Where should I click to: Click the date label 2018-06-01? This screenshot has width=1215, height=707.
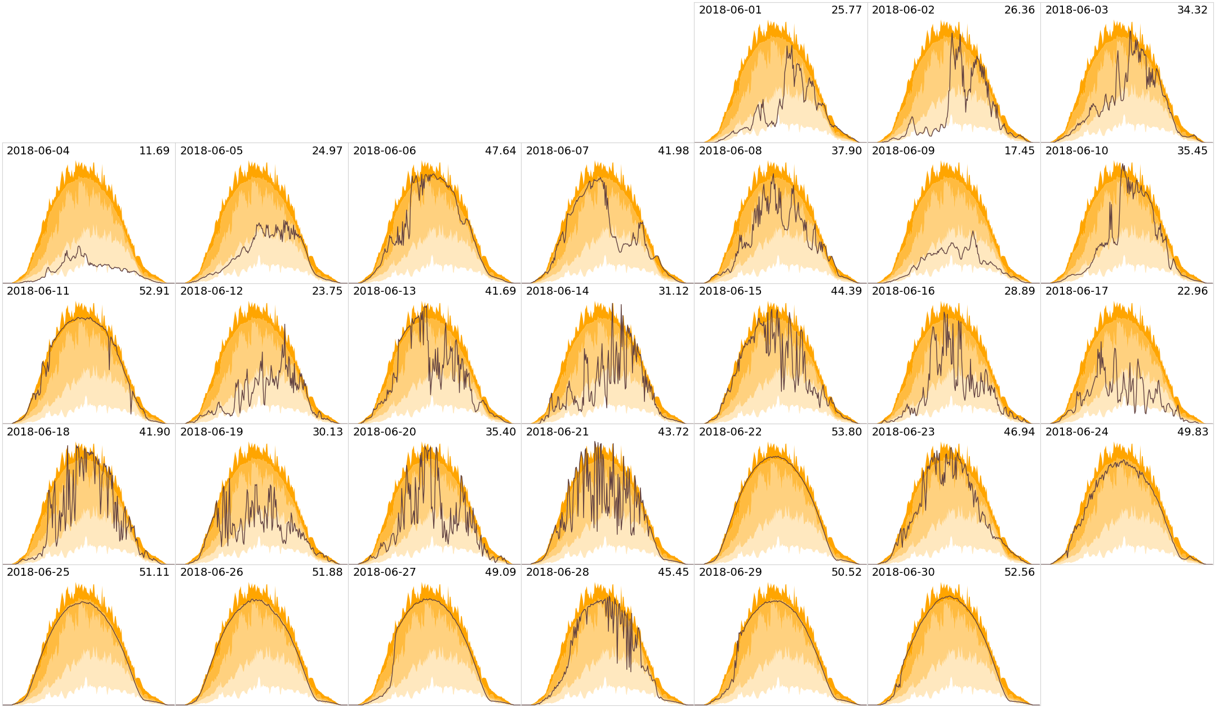pos(730,10)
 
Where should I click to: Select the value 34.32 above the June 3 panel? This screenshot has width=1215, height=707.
pos(1192,10)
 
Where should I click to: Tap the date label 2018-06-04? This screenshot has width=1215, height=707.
pos(38,150)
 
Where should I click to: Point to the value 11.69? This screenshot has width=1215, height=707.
pos(154,150)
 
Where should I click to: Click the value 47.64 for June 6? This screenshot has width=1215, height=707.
pos(500,150)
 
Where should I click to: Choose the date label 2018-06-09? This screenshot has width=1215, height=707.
pos(903,150)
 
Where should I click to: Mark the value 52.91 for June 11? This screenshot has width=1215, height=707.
pos(154,291)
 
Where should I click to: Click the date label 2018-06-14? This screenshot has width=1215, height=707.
pos(557,291)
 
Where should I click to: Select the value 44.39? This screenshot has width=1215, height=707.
pos(846,291)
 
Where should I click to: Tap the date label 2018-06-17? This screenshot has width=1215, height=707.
pos(1076,291)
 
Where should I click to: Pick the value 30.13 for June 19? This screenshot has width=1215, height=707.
pos(327,432)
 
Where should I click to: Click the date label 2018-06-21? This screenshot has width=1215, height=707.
pos(557,432)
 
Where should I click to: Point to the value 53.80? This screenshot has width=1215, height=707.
pos(846,432)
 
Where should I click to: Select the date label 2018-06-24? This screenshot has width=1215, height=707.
pos(1076,432)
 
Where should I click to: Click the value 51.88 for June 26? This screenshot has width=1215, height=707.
pos(327,572)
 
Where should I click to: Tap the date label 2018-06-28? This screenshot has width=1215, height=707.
pos(557,572)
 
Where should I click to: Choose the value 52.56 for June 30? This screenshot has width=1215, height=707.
pos(1019,572)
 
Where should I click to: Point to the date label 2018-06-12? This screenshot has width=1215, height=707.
pos(211,291)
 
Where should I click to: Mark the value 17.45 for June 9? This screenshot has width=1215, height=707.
pos(1019,150)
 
